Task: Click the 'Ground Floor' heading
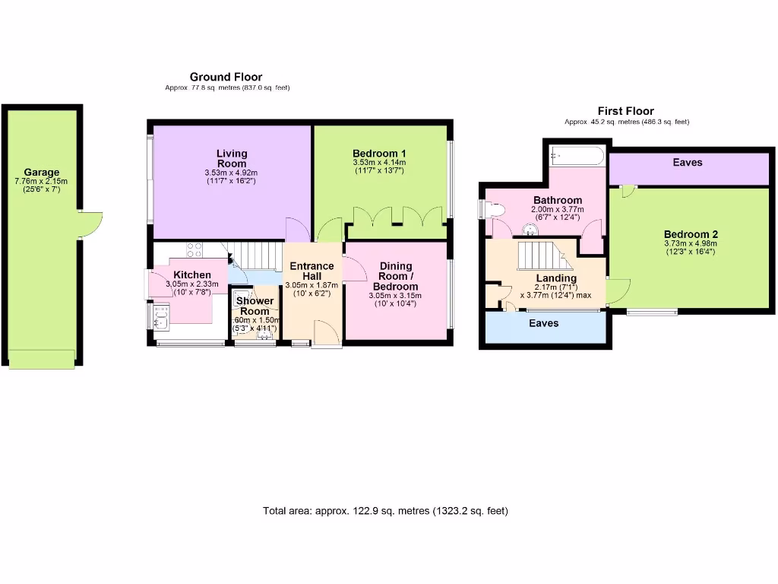coord(226,77)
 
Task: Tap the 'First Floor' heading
coord(625,111)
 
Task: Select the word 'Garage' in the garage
coord(41,173)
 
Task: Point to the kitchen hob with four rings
coord(194,249)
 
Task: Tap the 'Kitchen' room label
coord(191,275)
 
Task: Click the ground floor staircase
coord(256,255)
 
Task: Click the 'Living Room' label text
coord(232,158)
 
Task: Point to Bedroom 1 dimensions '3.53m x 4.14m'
coord(379,162)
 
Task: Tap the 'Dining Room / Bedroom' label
coord(395,275)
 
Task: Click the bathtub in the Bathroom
coord(576,157)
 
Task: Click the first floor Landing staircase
coord(538,255)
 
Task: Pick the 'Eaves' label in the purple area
coord(688,162)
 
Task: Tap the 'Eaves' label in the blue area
coord(543,323)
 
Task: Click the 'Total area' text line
coord(385,510)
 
